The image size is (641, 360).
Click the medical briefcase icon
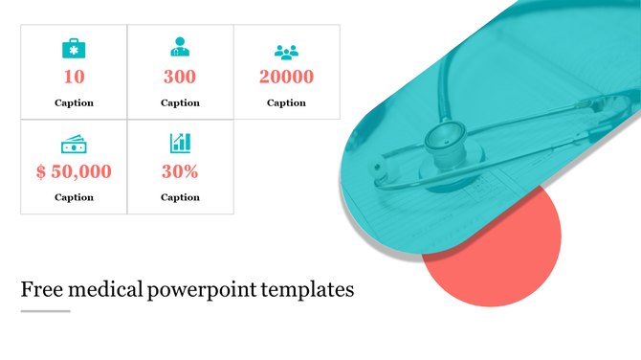pos(74,48)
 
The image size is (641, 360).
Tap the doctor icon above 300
pos(180,47)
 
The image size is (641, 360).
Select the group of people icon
pos(286,52)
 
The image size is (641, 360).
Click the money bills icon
pos(74,145)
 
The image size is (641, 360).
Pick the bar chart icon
pos(180,144)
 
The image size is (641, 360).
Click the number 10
pos(74,78)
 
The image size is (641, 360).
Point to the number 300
pos(180,78)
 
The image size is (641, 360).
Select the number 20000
pos(286,78)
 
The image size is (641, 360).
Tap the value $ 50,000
pos(74,172)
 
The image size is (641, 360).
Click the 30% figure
pos(180,172)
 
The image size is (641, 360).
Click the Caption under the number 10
pos(74,102)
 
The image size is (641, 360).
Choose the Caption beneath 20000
pos(286,102)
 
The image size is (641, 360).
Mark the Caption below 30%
pos(180,197)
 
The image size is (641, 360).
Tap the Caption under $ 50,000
pos(74,197)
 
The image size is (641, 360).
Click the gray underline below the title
pos(46,310)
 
